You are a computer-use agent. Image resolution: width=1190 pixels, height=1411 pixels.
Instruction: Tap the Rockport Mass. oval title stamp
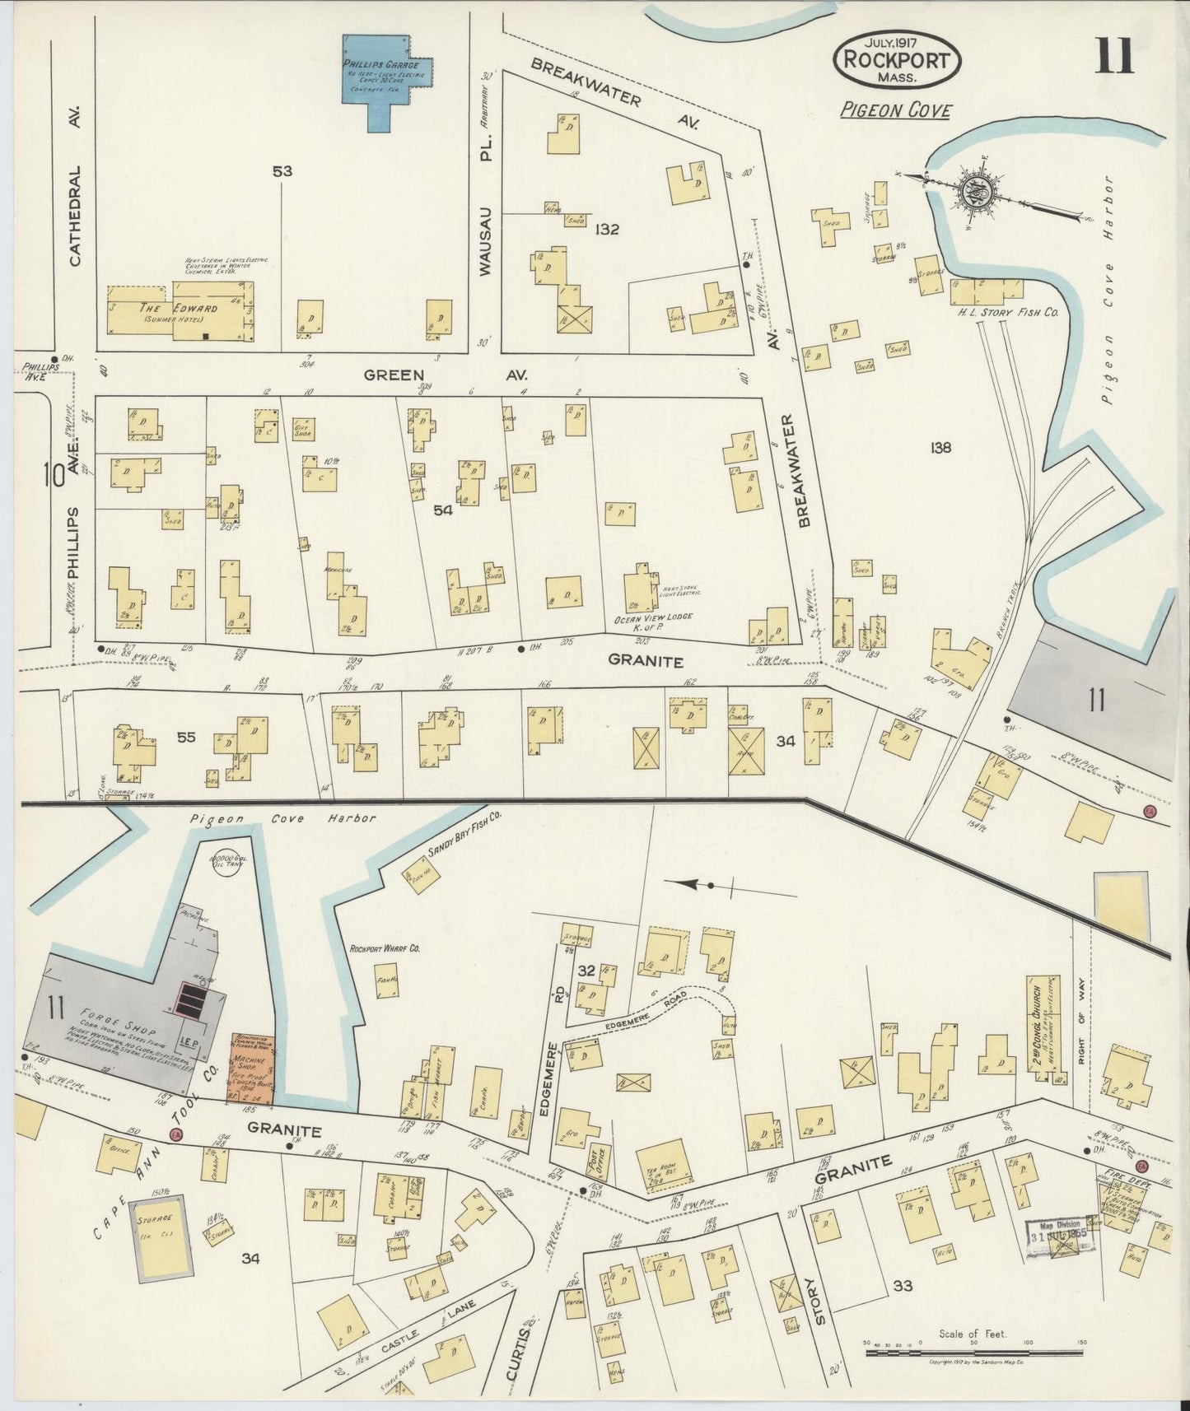click(x=897, y=60)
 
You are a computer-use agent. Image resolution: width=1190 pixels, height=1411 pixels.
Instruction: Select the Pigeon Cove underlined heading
click(x=896, y=109)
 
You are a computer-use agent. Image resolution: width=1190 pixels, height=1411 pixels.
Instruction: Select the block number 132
click(x=606, y=230)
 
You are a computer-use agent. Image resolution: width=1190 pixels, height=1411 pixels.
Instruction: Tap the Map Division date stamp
click(x=1062, y=1232)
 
